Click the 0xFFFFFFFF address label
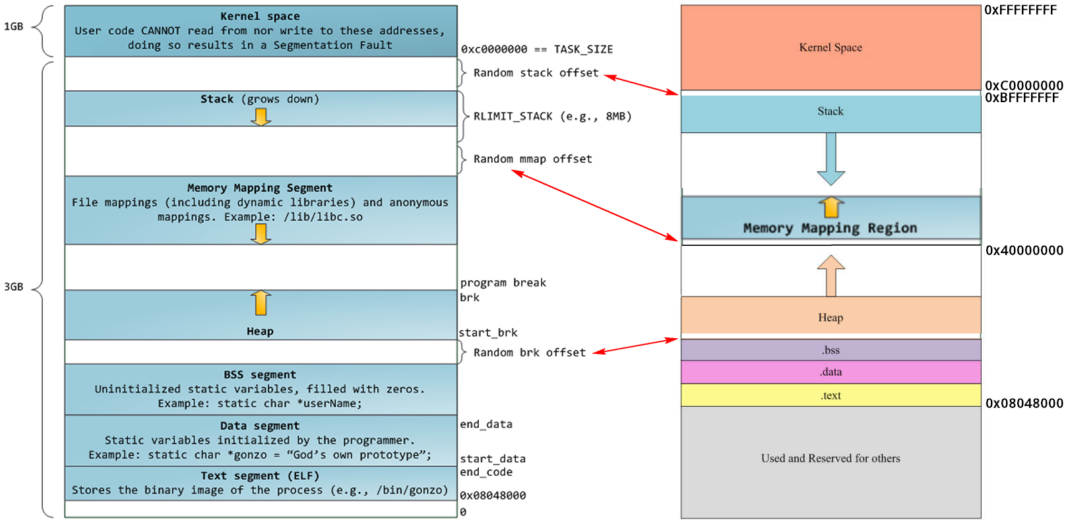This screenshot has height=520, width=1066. click(1020, 10)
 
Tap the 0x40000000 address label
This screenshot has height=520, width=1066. click(1024, 250)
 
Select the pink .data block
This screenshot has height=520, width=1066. click(831, 372)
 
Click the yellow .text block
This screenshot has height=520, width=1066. click(831, 395)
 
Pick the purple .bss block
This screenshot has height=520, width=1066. click(831, 350)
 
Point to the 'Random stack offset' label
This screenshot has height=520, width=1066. click(536, 73)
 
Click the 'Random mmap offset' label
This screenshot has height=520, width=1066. click(532, 159)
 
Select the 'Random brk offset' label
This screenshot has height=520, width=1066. click(529, 353)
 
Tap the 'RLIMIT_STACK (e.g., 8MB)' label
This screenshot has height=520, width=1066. click(552, 117)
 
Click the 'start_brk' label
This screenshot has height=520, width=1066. click(488, 333)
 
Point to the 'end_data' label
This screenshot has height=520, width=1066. click(486, 424)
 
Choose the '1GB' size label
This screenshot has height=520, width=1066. click(13, 26)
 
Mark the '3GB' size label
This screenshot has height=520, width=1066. click(13, 287)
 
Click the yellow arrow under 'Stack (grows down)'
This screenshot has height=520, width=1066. click(261, 117)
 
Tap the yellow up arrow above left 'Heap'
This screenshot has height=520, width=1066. click(261, 303)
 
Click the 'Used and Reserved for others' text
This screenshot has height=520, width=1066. click(831, 458)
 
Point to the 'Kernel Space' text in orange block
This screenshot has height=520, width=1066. click(831, 47)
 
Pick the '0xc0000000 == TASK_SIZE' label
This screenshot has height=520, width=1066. click(536, 49)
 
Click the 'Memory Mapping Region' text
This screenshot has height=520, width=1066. click(830, 228)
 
